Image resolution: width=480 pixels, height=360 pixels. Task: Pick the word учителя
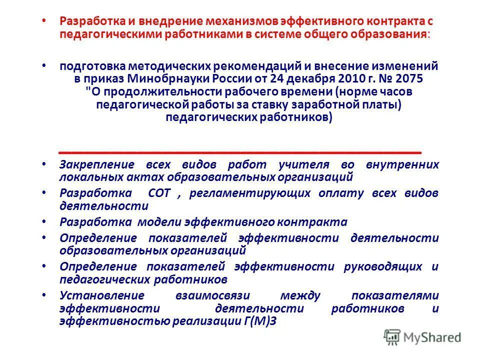(303, 164)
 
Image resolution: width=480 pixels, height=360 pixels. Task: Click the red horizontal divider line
(240, 150)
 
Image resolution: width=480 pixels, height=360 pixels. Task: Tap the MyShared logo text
(433, 337)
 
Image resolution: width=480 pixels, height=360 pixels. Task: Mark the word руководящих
(384, 266)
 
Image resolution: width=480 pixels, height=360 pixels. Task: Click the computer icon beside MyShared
(393, 337)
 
